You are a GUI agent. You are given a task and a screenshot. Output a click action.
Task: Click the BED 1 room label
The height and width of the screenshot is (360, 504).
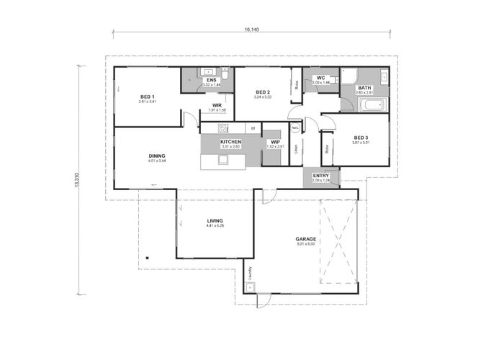click(x=147, y=96)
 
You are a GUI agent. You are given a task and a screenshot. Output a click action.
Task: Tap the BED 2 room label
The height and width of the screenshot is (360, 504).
click(x=263, y=92)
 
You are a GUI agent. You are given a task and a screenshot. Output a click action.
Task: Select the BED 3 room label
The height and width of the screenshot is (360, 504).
click(x=361, y=138)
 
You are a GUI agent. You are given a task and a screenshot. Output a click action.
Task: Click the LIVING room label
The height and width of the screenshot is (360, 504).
click(x=215, y=221)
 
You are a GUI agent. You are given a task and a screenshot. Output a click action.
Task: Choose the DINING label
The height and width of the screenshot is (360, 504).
click(x=157, y=156)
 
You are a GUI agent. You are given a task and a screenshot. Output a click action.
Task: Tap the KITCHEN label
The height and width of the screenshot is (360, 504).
click(x=230, y=142)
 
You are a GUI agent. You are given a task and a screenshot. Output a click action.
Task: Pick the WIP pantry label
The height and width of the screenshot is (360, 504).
click(x=275, y=142)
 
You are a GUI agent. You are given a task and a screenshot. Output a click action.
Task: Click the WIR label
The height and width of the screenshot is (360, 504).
click(x=217, y=105)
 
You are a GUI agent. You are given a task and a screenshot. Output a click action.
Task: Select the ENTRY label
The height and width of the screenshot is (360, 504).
click(x=321, y=175)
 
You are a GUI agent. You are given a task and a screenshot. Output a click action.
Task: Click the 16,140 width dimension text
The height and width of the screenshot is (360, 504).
click(x=252, y=30)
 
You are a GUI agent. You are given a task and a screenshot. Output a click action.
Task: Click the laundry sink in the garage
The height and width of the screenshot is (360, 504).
click(x=250, y=287)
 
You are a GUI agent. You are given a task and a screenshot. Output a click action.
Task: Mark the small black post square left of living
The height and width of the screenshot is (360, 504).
click(x=145, y=258)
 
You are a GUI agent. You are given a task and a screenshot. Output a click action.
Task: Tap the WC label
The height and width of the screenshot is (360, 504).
click(x=321, y=78)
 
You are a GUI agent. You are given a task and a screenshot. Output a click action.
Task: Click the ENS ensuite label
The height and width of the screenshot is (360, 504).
click(x=212, y=81)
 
